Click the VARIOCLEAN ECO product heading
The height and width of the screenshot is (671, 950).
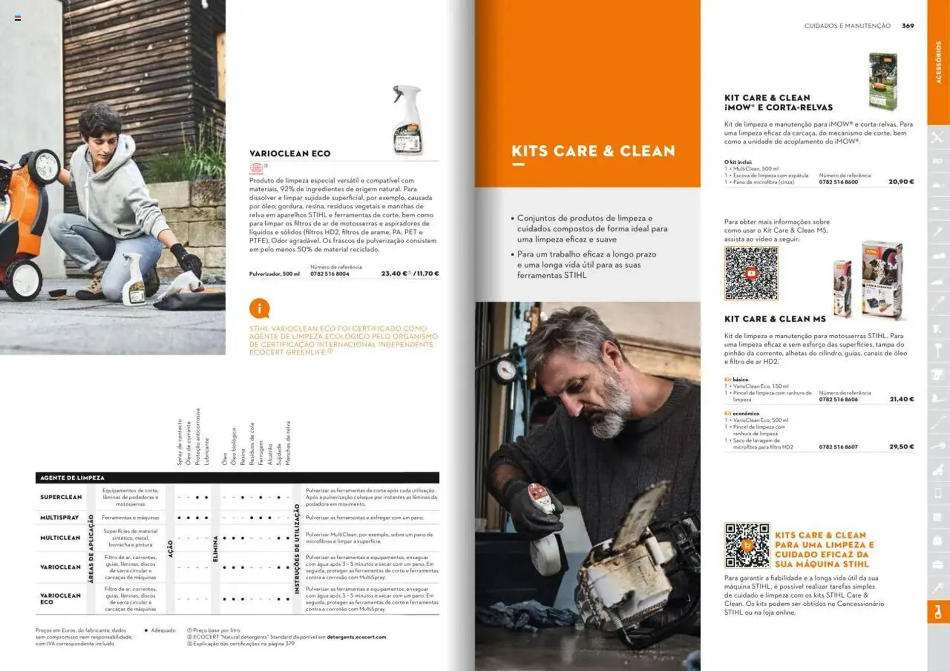(289, 154)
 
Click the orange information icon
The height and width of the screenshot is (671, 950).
(259, 309)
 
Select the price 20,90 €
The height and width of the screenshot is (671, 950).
(901, 182)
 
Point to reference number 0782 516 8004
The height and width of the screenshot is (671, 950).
(330, 274)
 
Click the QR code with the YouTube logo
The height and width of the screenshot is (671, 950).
(751, 273)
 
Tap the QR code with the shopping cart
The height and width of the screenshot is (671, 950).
(747, 545)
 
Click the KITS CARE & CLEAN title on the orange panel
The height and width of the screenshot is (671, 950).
(593, 151)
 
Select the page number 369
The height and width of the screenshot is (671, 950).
(907, 26)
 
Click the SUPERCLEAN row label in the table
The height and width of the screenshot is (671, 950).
(61, 497)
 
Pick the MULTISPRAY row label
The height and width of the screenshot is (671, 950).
(59, 518)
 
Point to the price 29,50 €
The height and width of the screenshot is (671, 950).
(901, 447)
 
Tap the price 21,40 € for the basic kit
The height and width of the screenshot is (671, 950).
(902, 399)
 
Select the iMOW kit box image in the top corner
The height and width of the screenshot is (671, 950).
(883, 81)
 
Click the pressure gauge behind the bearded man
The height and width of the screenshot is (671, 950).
(506, 369)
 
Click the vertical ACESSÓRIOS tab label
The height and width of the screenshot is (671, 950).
(938, 62)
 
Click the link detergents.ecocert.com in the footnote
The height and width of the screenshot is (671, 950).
(356, 637)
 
